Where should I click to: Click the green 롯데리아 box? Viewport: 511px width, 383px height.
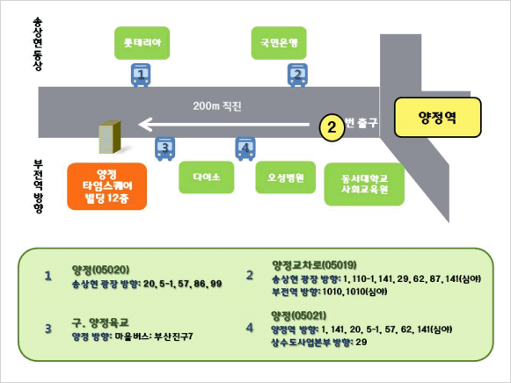142,43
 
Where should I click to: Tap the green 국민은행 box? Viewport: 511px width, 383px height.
279,43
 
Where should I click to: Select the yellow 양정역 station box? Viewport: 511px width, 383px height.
438,117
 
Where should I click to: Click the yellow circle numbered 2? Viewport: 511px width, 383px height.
332,127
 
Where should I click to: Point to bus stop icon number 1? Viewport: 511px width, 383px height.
141,76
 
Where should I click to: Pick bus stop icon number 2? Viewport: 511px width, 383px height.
297,76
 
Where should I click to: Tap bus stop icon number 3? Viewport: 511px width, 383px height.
164,148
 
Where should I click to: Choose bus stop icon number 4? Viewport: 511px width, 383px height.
245,148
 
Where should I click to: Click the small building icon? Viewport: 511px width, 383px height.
110,137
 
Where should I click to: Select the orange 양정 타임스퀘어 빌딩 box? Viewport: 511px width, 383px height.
107,186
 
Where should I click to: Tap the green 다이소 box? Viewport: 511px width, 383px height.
207,177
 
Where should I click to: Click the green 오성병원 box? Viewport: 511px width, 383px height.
286,177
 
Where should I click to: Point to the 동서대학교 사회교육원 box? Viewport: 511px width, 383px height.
364,184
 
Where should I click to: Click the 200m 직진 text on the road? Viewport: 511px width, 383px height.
217,106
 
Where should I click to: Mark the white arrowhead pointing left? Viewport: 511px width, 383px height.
145,125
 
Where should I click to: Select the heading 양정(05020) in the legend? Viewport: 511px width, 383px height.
100,270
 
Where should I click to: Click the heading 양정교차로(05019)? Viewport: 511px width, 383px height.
314,265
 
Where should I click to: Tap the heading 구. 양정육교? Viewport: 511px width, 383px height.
100,322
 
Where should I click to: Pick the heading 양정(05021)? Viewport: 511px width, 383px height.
298,315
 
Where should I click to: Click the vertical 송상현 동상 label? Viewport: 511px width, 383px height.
38,44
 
